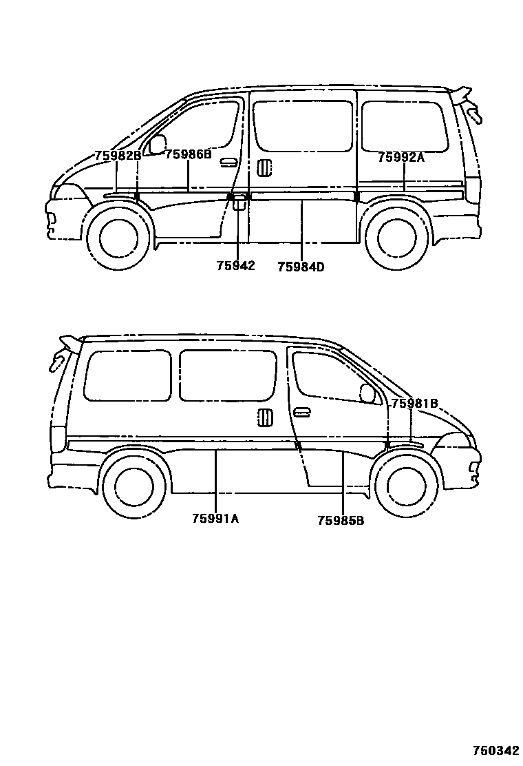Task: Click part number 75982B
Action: (118, 156)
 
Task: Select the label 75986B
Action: (188, 155)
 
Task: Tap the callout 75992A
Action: (401, 158)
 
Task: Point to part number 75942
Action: (236, 266)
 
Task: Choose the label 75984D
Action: (301, 267)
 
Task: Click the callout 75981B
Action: (414, 404)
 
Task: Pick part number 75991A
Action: (215, 519)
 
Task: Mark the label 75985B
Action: (341, 521)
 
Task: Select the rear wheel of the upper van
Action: (393, 236)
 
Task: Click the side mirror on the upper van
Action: (158, 145)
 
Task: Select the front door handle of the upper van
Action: (229, 163)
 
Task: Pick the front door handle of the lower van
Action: (301, 413)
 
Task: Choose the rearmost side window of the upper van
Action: (404, 126)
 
